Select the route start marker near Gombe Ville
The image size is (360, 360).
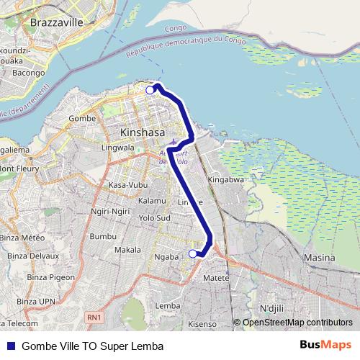click(150, 90)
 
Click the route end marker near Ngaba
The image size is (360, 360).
click(192, 253)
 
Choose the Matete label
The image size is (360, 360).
click(216, 277)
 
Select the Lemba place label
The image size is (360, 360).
click(168, 305)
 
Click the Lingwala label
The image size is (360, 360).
click(119, 148)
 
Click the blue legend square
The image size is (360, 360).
click(10, 346)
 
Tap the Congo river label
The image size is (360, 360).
click(176, 29)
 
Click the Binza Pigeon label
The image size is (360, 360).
click(31, 276)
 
